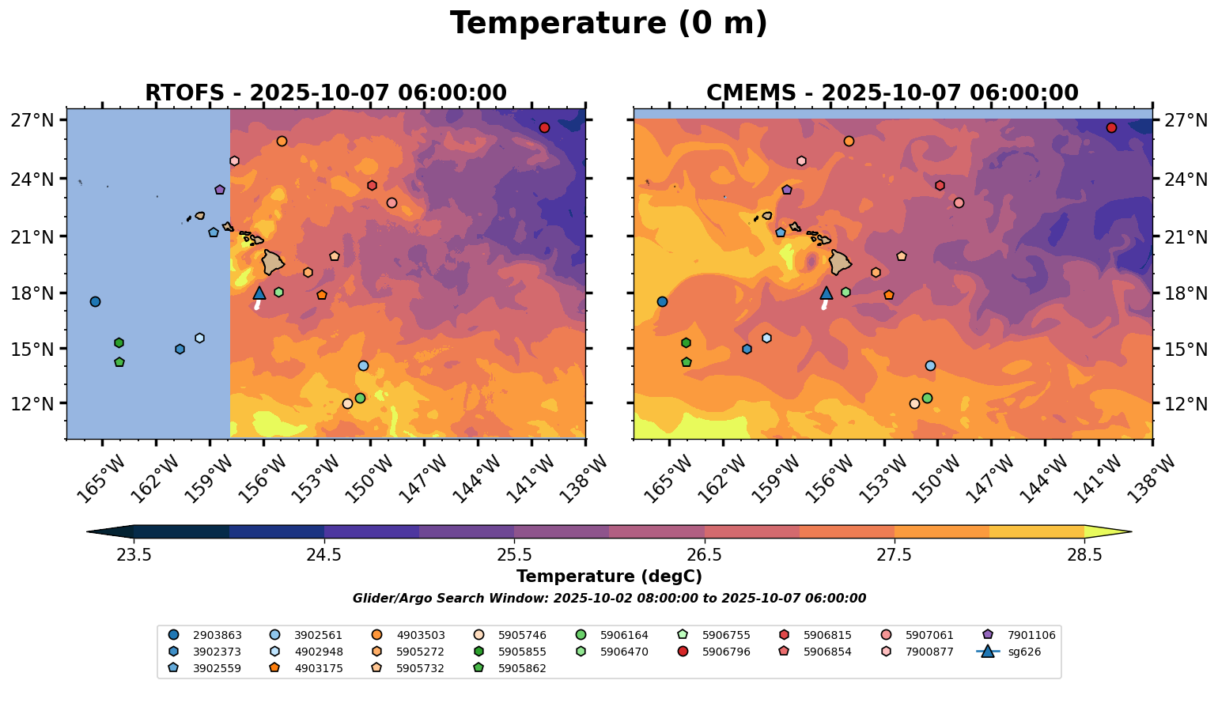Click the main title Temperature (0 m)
608,24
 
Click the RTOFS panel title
325,93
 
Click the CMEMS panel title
892,93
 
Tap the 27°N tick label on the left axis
32,121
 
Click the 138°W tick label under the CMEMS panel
1156,478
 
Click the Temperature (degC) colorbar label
608,576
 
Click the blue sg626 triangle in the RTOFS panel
259,293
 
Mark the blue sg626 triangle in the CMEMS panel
826,293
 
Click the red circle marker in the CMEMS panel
1111,128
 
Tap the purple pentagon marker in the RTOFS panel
220,190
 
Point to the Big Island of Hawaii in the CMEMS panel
840,262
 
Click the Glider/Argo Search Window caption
608,599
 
